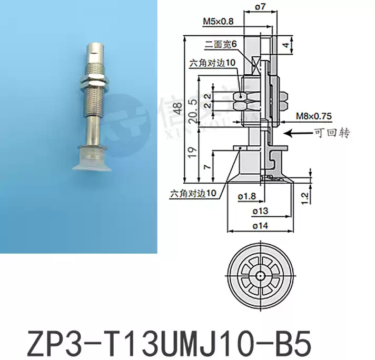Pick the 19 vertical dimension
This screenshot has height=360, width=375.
tap(193, 152)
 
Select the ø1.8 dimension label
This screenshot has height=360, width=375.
tap(246, 196)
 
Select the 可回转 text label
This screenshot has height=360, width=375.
tap(332, 134)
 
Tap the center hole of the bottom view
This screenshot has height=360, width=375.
tap(260, 275)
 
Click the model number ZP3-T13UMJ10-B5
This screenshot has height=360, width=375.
tap(161, 335)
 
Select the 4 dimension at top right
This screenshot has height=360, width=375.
tap(286, 45)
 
